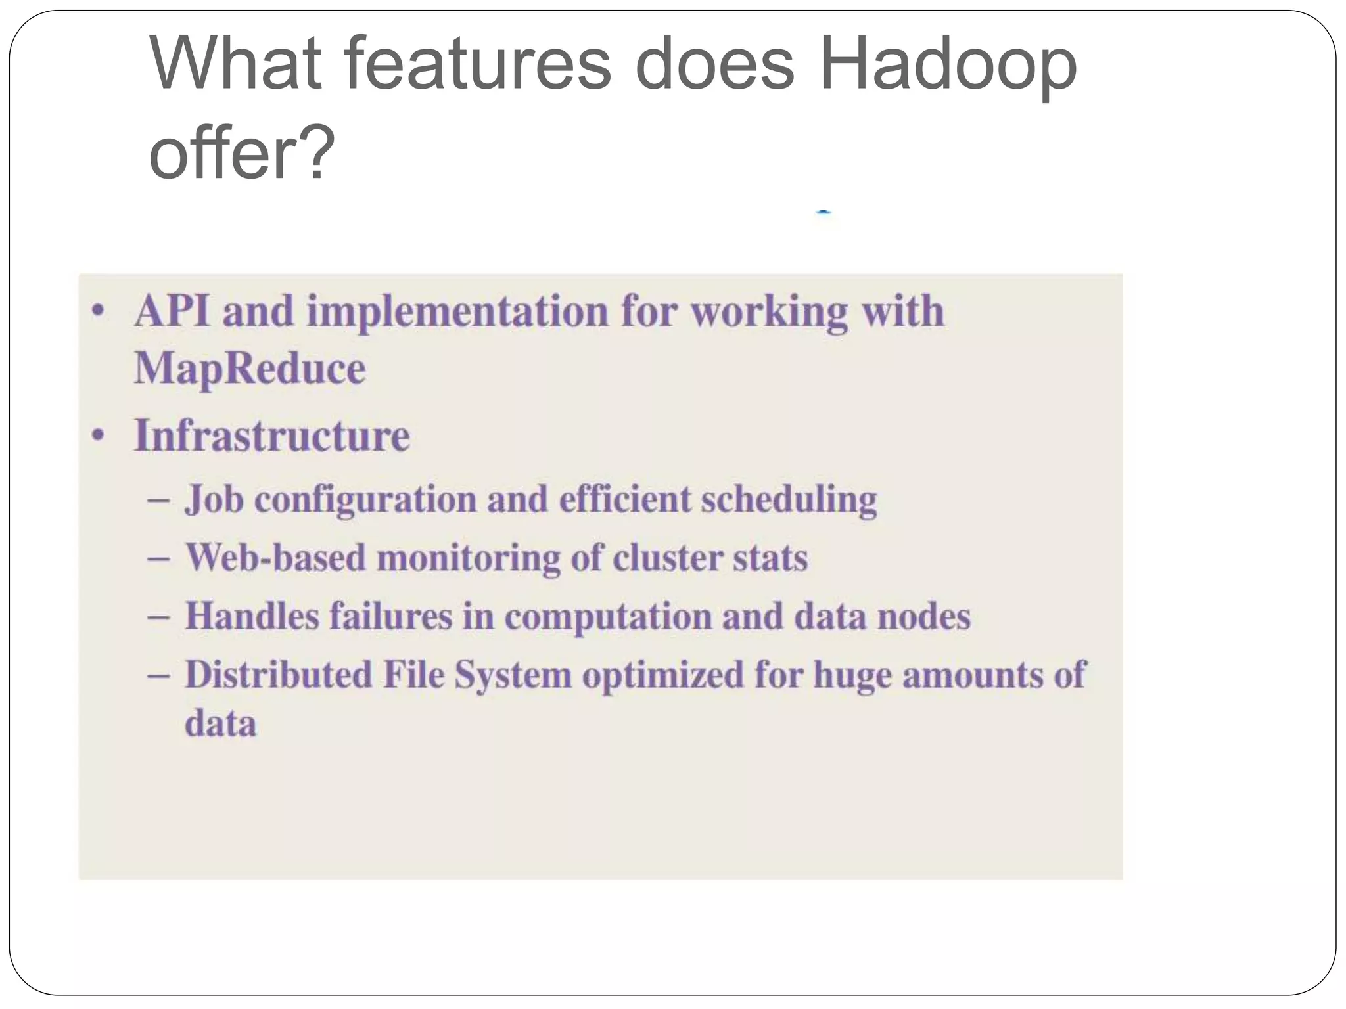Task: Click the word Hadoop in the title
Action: coord(948,64)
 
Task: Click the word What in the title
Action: coord(235,64)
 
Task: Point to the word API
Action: coord(172,311)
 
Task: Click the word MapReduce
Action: coord(250,369)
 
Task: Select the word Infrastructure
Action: coord(272,436)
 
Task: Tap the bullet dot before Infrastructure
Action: coord(98,436)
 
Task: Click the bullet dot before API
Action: coord(98,311)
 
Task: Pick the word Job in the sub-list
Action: coord(214,499)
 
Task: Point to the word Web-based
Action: coord(275,558)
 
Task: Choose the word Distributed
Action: coord(278,675)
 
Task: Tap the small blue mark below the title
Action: coord(824,212)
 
